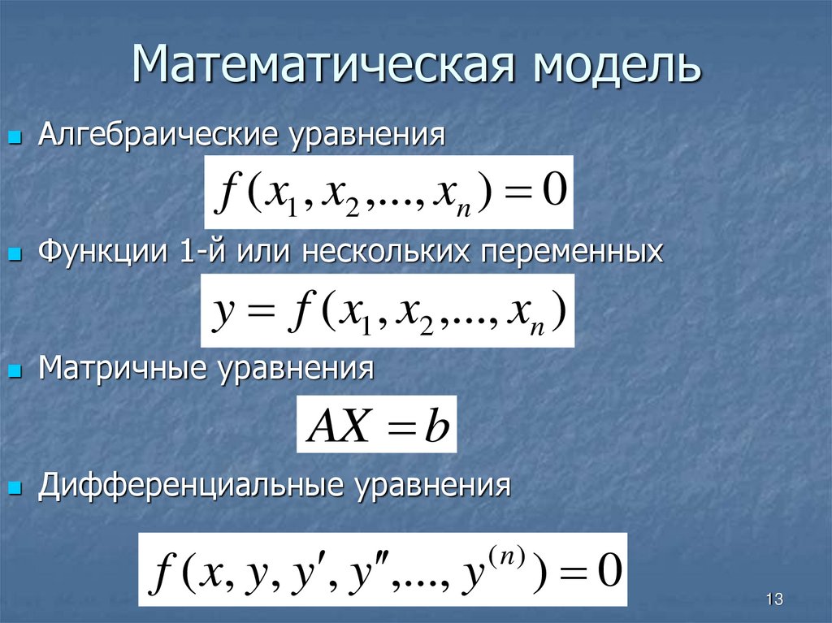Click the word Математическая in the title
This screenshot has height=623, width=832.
[326, 66]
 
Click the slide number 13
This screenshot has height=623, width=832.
[773, 600]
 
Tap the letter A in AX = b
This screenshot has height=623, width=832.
[323, 426]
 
